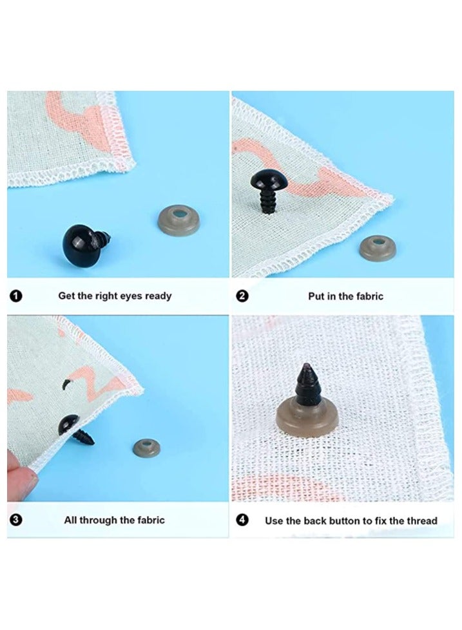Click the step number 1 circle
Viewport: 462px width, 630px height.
point(16,296)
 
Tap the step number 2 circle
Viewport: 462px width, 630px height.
point(242,296)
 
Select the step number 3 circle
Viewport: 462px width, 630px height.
point(16,519)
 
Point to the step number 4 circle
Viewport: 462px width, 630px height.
point(242,519)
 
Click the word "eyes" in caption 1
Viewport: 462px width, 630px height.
point(131,296)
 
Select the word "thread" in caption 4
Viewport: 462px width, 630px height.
point(421,520)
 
